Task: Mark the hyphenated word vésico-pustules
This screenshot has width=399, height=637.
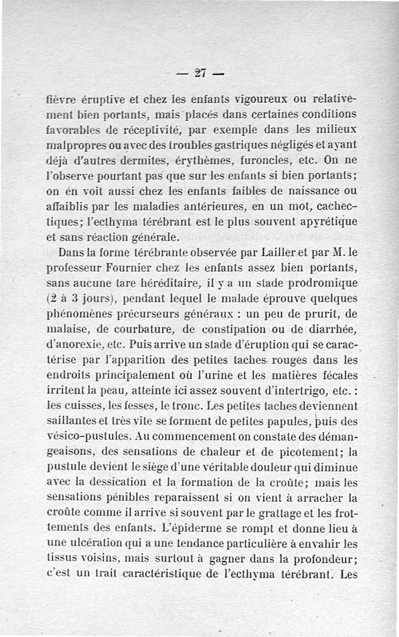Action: pos(88,437)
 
